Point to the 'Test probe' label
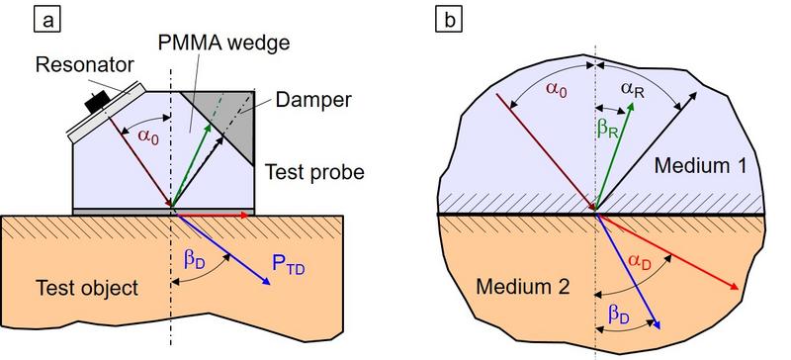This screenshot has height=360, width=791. (314, 172)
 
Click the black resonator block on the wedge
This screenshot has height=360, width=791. (97, 100)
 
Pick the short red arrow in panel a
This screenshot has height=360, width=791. (212, 212)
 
